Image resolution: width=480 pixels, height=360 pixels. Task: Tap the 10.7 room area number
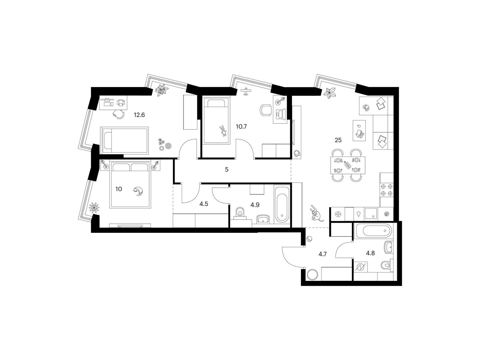(241, 126)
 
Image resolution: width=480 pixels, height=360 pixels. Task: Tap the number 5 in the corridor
(227, 169)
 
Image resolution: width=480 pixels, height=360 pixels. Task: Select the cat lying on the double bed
(138, 191)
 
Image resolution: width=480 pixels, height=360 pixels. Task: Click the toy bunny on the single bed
(223, 131)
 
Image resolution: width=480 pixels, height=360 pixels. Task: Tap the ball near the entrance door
(309, 239)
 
